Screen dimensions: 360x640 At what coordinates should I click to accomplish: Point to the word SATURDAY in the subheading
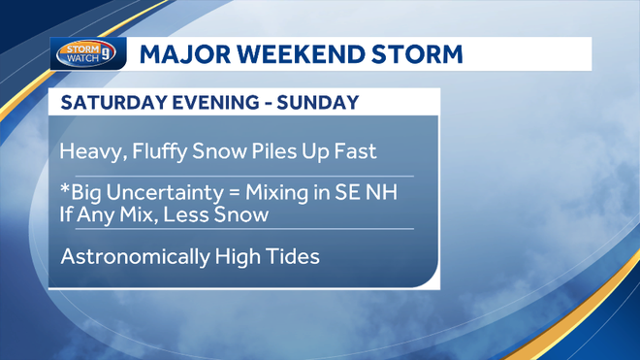click(x=109, y=103)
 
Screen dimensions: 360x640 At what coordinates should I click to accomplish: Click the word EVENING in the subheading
click(x=204, y=103)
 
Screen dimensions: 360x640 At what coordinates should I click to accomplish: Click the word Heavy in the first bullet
click(x=85, y=152)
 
